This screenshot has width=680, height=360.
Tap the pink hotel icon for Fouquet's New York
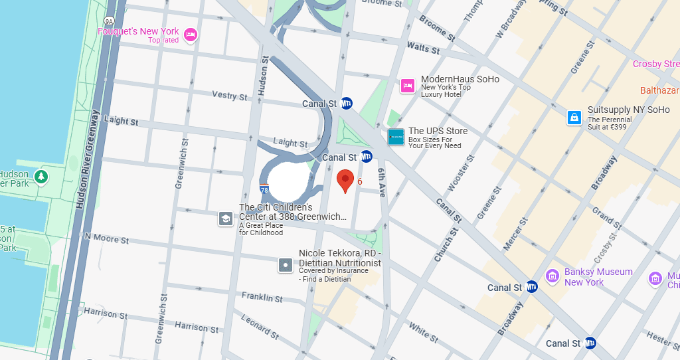[191, 35]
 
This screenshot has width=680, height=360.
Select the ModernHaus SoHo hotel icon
[408, 85]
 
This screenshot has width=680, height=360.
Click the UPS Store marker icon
[396, 137]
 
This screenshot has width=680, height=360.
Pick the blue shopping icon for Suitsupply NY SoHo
[574, 118]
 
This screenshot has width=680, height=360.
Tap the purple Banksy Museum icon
[552, 276]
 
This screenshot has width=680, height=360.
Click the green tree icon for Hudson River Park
[41, 177]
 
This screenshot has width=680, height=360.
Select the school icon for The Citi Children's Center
[226, 219]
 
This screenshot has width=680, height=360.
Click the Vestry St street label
[229, 96]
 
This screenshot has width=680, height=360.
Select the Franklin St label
[262, 297]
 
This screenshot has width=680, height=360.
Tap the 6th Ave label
[381, 181]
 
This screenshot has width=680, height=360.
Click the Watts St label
[423, 48]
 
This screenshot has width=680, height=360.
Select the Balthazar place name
[659, 90]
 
